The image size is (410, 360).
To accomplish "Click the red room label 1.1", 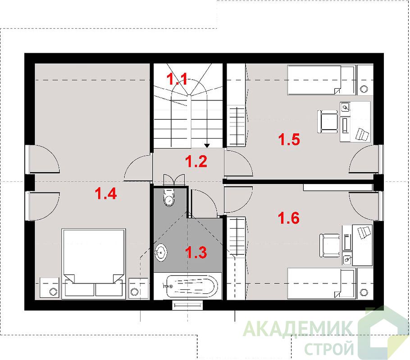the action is coord(178,79).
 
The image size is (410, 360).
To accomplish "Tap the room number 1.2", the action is coord(196,161).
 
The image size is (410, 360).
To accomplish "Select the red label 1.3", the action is coord(196,252).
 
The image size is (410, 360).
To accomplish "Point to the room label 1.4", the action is coord(105,194).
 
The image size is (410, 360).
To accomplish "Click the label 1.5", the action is coord(289,139).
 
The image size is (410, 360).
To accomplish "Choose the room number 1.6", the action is coord(288,218).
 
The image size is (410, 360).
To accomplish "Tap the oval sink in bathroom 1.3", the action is coord(161,252).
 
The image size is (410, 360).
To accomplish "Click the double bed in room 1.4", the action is coord(94,263).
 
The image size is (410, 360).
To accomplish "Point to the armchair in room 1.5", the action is coord(328,122).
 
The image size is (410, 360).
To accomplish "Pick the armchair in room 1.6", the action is coord(329,245).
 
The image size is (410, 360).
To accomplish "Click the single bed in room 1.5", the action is coord(321,80).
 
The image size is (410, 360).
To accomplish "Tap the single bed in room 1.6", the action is coord(321,283).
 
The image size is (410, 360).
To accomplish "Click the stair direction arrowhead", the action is coord(207,145).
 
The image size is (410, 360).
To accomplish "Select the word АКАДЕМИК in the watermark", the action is coord(298,329).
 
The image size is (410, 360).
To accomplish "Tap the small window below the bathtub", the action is coord(188,305).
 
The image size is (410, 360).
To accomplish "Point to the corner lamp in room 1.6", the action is coord(364,292).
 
